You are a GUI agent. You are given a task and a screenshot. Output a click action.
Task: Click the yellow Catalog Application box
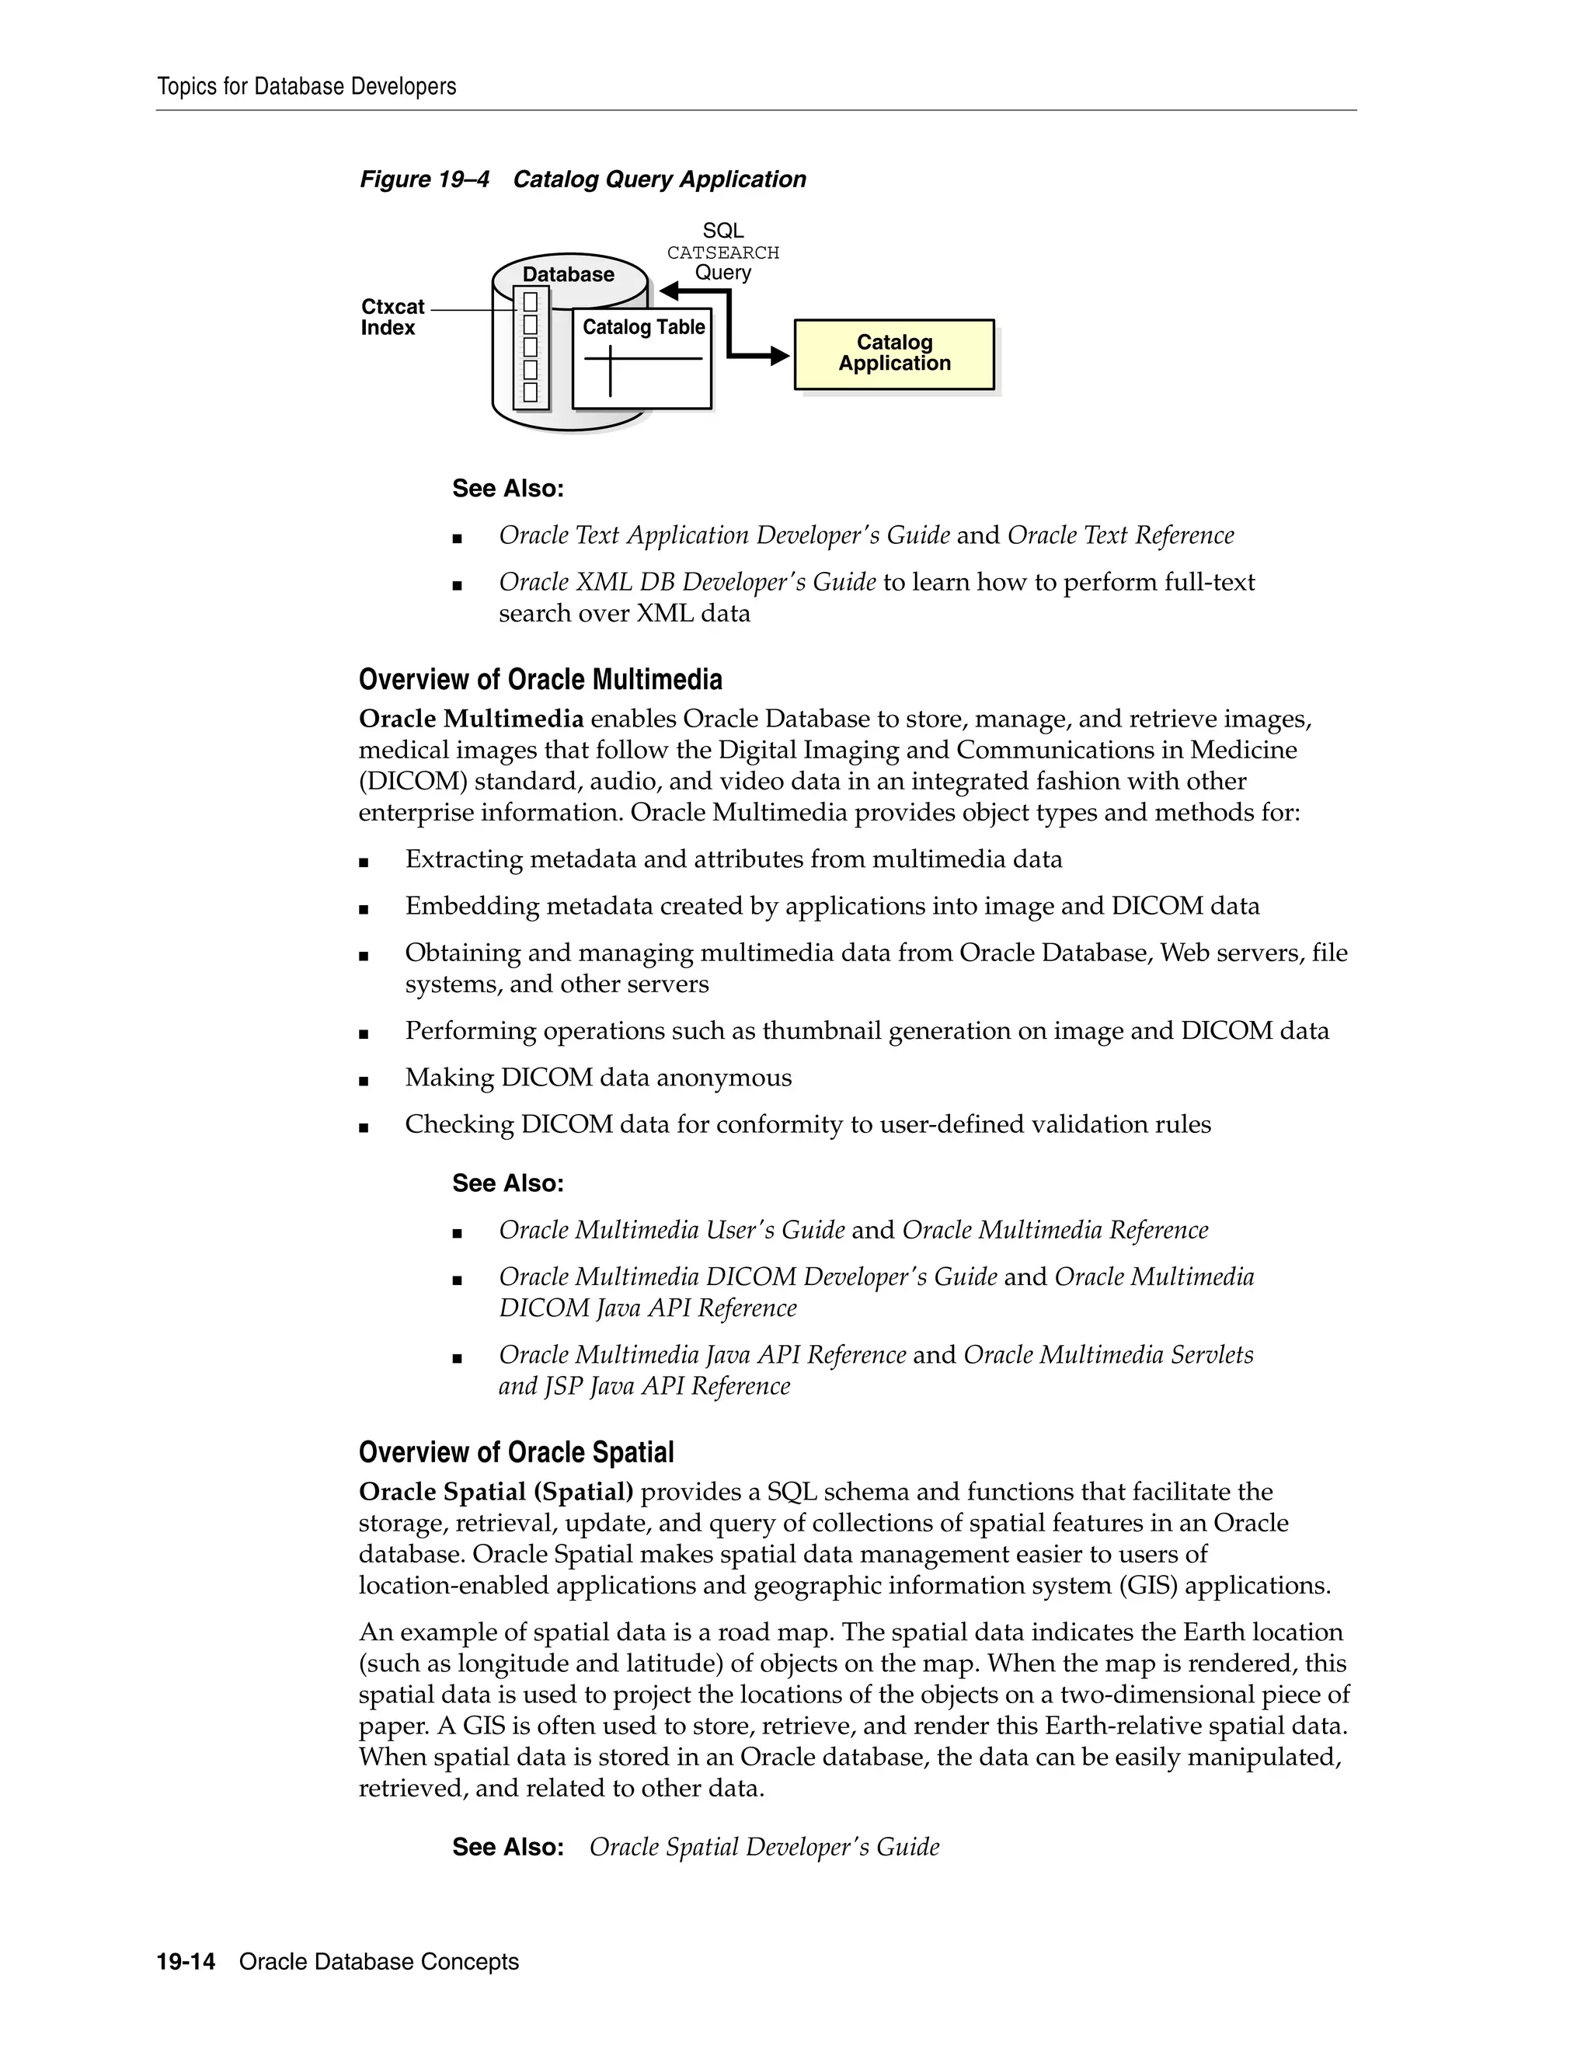click(893, 354)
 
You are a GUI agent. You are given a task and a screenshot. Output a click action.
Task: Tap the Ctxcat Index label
click(392, 317)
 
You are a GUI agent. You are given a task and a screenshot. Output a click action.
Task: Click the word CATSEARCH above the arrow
click(723, 253)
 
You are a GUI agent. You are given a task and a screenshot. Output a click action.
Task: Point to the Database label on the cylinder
click(569, 274)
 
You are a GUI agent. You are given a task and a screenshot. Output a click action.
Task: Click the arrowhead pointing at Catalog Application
click(779, 355)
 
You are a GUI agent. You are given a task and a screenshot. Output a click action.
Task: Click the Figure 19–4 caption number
click(424, 179)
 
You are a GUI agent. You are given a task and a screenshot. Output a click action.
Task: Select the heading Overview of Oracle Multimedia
click(540, 679)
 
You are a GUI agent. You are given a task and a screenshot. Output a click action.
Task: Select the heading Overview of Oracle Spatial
click(516, 1452)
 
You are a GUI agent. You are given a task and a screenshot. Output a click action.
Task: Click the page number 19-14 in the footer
click(186, 1962)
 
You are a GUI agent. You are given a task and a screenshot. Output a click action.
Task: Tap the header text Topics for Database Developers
click(306, 87)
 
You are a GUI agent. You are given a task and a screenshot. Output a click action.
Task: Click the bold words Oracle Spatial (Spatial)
click(496, 1492)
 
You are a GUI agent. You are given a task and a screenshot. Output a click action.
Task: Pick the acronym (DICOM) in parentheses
click(412, 782)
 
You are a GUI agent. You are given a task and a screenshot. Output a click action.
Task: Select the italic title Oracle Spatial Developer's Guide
click(764, 1847)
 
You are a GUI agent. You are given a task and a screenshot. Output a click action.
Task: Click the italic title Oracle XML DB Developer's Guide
click(687, 583)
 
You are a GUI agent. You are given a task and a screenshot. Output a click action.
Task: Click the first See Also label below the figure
click(507, 489)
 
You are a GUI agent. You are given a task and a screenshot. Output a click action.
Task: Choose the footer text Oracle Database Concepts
click(379, 1962)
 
